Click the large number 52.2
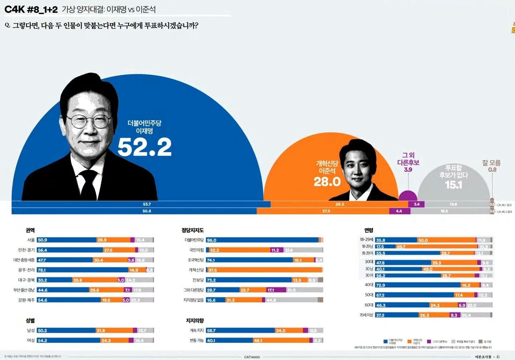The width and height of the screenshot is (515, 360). [144, 147]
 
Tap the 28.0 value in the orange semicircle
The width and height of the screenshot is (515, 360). [327, 182]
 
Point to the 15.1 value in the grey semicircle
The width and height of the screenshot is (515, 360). [454, 185]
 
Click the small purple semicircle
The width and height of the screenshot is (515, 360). [408, 196]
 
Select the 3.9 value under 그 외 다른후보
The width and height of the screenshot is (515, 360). [408, 170]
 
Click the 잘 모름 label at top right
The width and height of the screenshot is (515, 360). [491, 163]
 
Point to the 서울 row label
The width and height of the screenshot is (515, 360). [31, 240]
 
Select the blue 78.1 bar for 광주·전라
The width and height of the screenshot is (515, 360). [83, 270]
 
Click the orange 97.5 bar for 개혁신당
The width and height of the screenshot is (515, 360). [264, 270]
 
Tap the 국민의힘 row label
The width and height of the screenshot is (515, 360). [197, 250]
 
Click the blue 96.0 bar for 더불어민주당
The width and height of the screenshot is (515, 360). [262, 240]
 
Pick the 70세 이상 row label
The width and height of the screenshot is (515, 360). [366, 315]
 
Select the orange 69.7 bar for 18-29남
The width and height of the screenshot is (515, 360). [436, 247]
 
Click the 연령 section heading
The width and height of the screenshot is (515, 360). [369, 230]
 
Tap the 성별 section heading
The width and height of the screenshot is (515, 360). [30, 321]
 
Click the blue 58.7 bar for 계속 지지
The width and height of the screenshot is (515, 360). [240, 331]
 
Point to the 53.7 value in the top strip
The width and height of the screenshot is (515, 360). [147, 204]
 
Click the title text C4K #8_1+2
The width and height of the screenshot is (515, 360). [31, 10]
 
